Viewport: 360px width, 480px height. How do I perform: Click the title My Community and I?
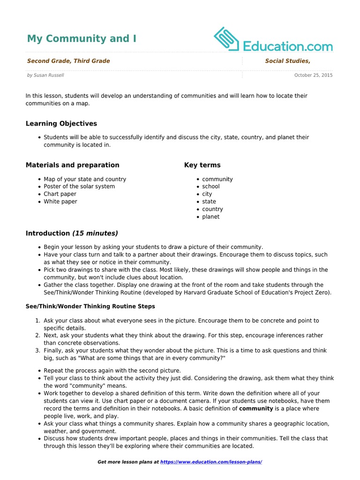click(82, 38)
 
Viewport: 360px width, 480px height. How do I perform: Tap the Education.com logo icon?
click(227, 39)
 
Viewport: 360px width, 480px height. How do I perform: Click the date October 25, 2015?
click(313, 75)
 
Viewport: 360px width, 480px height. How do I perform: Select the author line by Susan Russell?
click(45, 75)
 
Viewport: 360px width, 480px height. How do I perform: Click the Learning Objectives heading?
click(61, 124)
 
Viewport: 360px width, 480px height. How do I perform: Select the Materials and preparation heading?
click(72, 165)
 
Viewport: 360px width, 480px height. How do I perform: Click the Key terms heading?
click(202, 165)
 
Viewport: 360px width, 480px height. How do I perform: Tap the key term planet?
click(211, 217)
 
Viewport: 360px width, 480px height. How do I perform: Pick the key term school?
click(211, 187)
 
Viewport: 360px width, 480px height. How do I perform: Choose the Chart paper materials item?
click(60, 194)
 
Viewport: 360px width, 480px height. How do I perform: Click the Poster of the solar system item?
click(79, 187)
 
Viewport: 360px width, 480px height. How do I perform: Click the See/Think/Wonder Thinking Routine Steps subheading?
click(90, 306)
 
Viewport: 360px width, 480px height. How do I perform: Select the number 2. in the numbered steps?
click(37, 336)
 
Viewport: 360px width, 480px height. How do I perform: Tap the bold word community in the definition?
click(256, 408)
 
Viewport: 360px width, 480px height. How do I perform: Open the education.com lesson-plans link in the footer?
click(211, 462)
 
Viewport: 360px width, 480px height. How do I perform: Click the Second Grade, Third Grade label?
click(68, 61)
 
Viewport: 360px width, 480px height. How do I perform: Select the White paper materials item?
click(60, 202)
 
